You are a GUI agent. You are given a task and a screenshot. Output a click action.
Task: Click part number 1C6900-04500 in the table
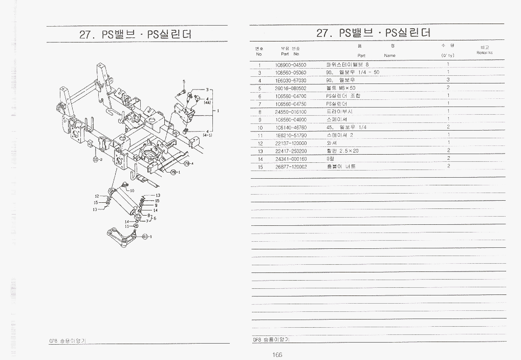tap(290, 65)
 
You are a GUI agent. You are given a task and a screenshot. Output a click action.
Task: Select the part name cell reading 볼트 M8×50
tap(340, 88)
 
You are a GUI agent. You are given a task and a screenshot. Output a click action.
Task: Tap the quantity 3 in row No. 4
tap(448, 80)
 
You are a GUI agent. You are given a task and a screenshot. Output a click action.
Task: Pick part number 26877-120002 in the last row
tap(290, 166)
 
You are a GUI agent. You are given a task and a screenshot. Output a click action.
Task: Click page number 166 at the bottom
tap(278, 354)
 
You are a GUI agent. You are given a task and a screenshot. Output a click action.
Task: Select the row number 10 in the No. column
tap(260, 128)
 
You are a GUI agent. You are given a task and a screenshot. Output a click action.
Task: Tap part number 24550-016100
tap(290, 112)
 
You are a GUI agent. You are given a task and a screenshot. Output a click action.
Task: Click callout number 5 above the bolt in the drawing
tap(184, 82)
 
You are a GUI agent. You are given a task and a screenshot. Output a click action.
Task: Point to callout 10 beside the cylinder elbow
tap(132, 190)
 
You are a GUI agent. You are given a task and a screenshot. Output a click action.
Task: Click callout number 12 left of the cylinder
tap(96, 196)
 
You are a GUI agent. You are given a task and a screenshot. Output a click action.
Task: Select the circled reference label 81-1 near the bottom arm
tap(145, 236)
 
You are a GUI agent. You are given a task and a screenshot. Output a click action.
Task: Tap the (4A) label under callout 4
tap(207, 102)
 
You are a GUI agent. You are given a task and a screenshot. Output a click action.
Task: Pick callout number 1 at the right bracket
tap(218, 110)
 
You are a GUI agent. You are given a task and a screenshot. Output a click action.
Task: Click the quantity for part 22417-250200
tap(448, 151)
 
